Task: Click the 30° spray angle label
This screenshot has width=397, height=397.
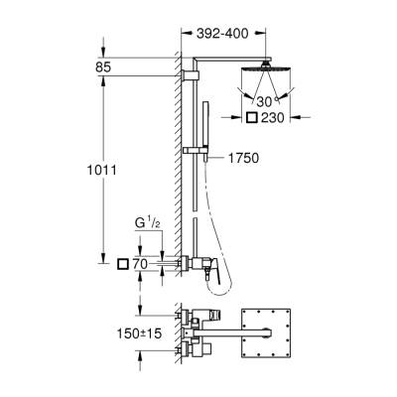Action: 262,102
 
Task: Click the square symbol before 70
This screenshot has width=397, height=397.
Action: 123,264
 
